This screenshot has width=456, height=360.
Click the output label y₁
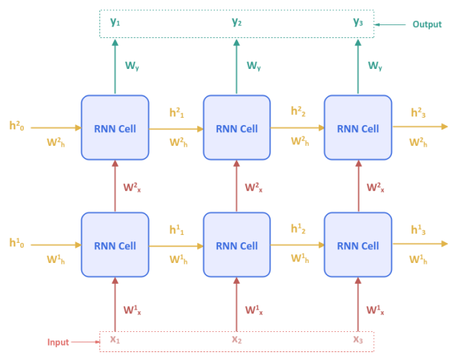pos(115,22)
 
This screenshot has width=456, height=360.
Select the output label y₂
pos(237,22)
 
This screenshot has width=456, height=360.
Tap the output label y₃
pos(357,22)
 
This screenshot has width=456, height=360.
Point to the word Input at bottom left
pos(59,343)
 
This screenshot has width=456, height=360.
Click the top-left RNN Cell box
pos(114,129)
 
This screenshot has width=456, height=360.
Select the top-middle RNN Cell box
pos(237,129)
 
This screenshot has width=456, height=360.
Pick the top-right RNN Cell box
pos(357,129)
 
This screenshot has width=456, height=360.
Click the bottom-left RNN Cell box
pos(114,245)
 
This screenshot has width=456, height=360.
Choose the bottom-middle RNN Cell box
pos(237,245)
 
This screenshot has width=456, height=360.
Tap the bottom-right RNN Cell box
pos(357,245)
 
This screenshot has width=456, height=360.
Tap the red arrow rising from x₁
pos(114,305)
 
